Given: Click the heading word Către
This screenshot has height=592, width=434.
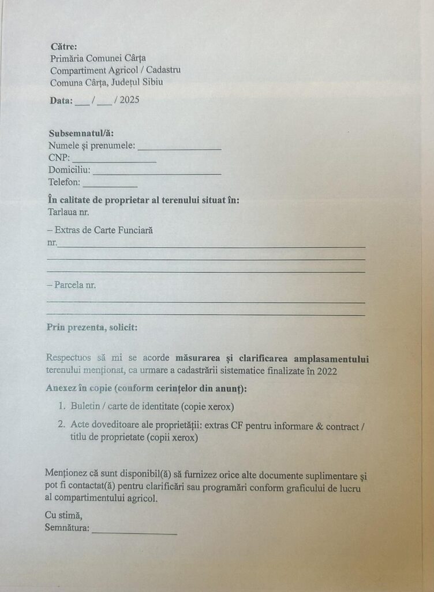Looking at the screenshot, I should [x=63, y=46].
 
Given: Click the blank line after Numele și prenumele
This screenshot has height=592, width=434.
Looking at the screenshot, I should [x=179, y=147].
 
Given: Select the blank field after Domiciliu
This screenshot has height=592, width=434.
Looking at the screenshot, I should [x=156, y=172].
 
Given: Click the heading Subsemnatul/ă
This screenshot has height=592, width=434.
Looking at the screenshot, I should [x=81, y=133].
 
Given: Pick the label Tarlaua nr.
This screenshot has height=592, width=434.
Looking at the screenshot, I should [x=69, y=212].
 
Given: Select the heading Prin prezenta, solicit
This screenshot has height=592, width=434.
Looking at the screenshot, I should [x=92, y=327].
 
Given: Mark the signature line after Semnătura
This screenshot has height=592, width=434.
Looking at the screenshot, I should [x=134, y=531].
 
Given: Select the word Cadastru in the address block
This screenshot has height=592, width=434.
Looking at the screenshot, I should [x=164, y=70].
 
